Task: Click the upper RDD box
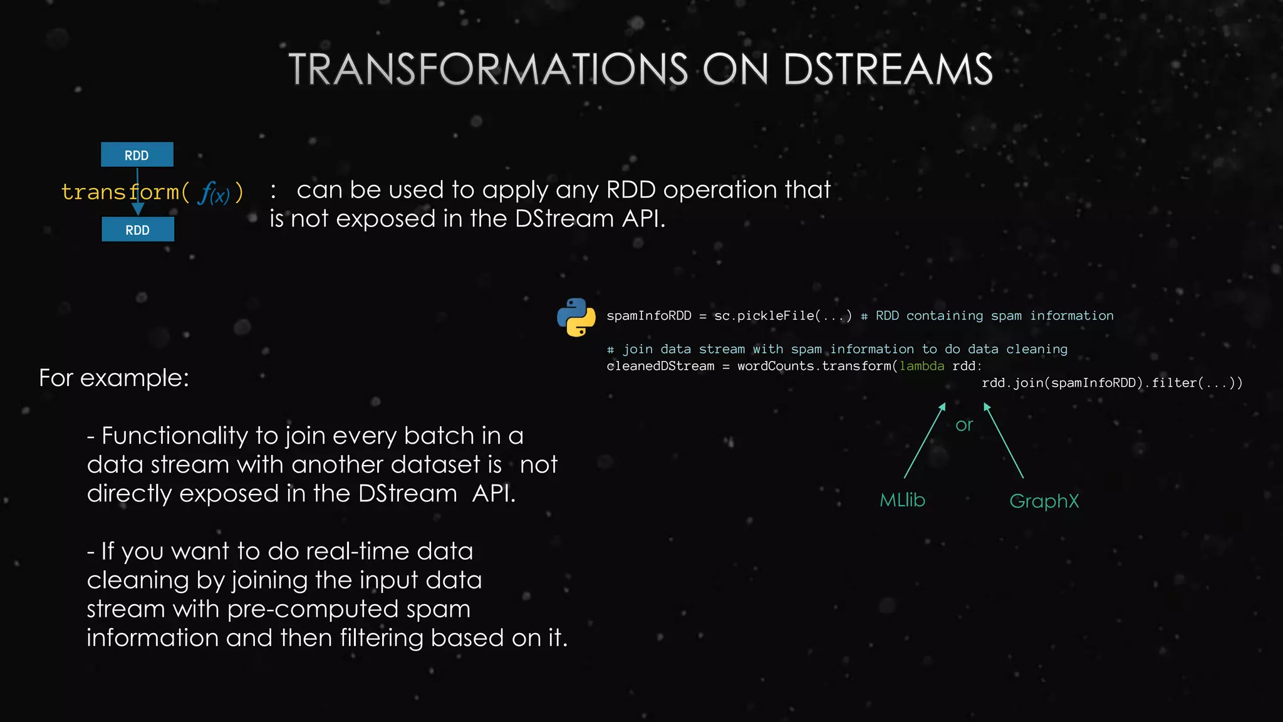point(137,155)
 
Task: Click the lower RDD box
point(138,229)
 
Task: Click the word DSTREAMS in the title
point(888,69)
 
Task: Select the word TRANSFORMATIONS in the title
point(488,69)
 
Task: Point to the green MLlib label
point(902,500)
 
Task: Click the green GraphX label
point(1044,501)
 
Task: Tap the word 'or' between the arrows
point(964,425)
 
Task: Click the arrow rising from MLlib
point(925,441)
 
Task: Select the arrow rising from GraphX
point(1004,441)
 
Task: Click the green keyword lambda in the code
point(922,366)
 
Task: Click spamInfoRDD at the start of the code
point(648,316)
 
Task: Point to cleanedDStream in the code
point(660,366)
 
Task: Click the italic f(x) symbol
point(214,193)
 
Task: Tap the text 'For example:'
point(114,378)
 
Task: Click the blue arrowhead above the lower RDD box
point(138,209)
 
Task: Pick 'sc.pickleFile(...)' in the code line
point(783,316)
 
